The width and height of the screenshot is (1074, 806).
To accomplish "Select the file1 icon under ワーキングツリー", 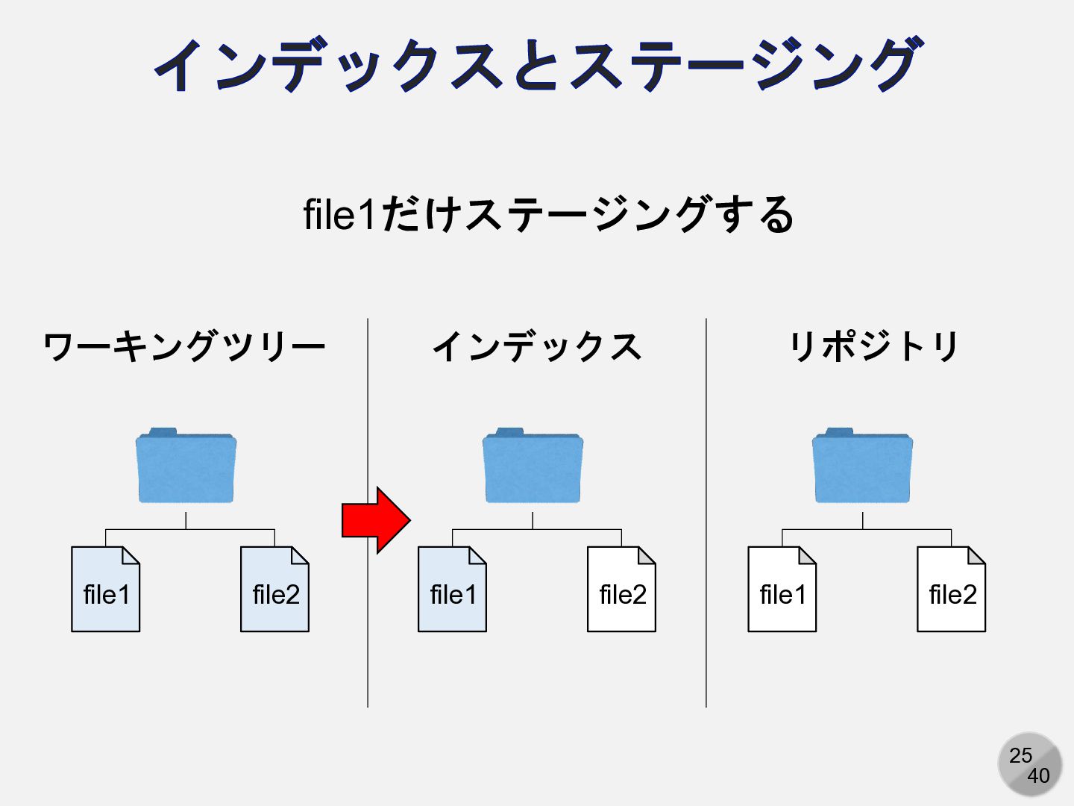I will (x=105, y=590).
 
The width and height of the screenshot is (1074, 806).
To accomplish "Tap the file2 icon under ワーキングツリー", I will (x=274, y=590).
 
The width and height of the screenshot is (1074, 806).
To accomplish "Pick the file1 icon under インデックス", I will (x=452, y=590).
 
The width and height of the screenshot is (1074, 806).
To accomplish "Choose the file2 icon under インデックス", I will (x=621, y=590).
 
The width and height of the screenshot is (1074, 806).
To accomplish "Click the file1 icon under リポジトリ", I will (x=782, y=590).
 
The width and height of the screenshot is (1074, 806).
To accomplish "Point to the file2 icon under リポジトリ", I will (x=951, y=590).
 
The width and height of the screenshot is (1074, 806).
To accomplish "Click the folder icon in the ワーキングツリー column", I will (x=186, y=467).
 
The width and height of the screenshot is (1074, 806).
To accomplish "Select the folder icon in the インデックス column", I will (x=533, y=467).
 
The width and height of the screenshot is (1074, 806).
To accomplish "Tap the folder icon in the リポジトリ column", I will (x=862, y=467).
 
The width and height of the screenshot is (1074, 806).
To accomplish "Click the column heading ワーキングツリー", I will (x=184, y=347).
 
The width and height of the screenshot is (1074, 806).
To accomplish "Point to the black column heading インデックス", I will (x=536, y=347).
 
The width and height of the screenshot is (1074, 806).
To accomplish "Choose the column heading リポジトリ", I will (x=873, y=347).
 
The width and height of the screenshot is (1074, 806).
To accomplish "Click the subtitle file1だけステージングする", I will (x=548, y=215).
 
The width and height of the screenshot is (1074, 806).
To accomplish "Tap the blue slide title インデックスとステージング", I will (x=537, y=66).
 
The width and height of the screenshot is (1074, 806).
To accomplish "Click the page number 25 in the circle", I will (x=1020, y=755).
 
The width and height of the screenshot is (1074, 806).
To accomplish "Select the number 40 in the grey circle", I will (x=1038, y=776).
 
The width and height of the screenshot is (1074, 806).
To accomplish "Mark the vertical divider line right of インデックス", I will (x=706, y=515).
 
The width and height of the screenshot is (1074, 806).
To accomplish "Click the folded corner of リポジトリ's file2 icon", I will (x=976, y=555).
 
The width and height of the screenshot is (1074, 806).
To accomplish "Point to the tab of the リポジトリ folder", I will (x=839, y=432).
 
